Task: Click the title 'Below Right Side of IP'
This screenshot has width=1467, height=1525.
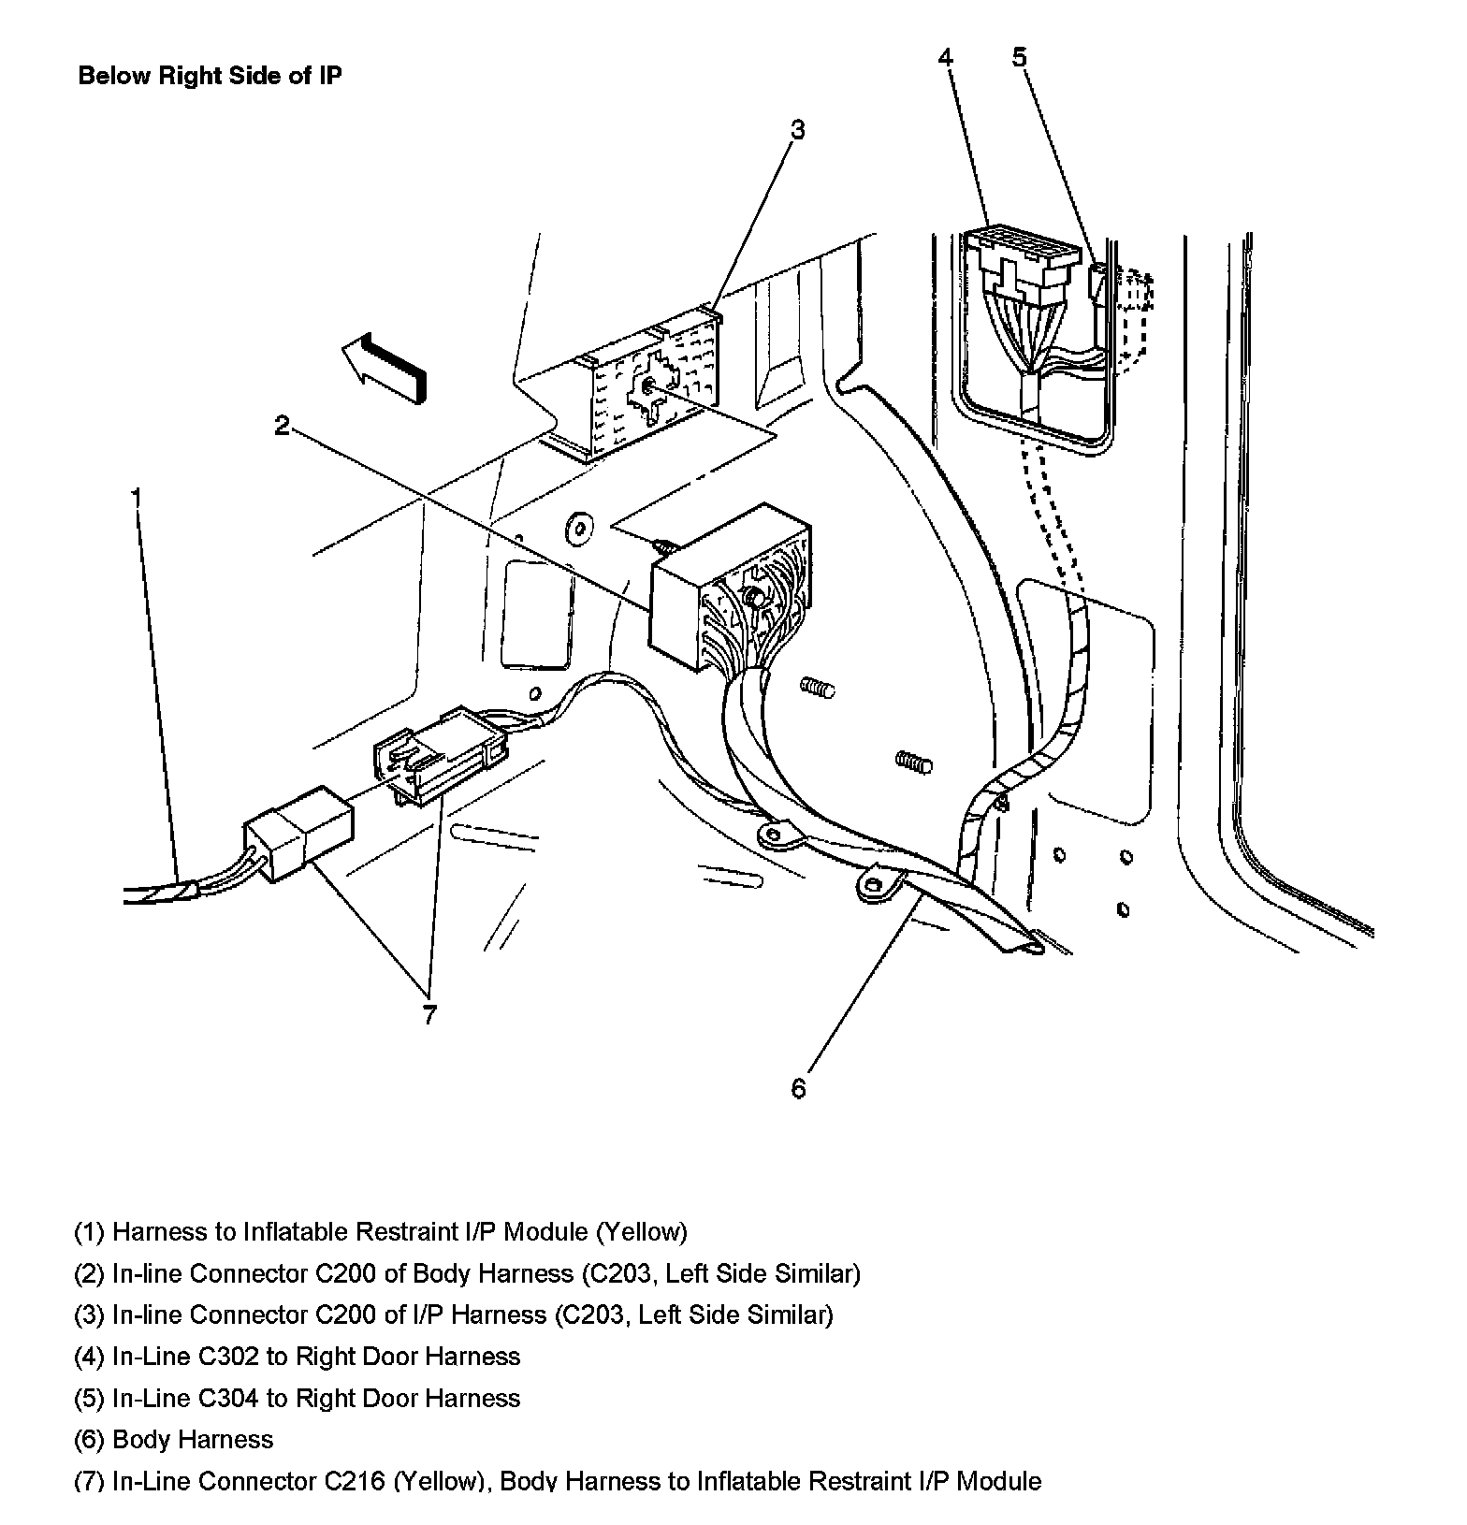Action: point(210,76)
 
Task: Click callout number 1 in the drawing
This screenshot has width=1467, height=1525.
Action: point(137,497)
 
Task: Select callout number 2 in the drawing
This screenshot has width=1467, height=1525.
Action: point(283,427)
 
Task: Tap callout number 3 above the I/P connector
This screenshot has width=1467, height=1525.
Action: point(796,130)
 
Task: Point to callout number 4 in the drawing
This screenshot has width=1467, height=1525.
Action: point(946,58)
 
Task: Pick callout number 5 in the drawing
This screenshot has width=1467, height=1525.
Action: point(1019,58)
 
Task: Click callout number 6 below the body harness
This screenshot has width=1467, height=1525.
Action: point(798,1088)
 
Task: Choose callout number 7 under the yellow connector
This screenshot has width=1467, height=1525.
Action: point(428,1015)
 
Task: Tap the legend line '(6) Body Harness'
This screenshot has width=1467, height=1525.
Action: point(174,1439)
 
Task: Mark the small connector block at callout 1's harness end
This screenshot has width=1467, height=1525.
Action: point(299,832)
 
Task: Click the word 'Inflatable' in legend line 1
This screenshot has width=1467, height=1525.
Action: point(299,1232)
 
